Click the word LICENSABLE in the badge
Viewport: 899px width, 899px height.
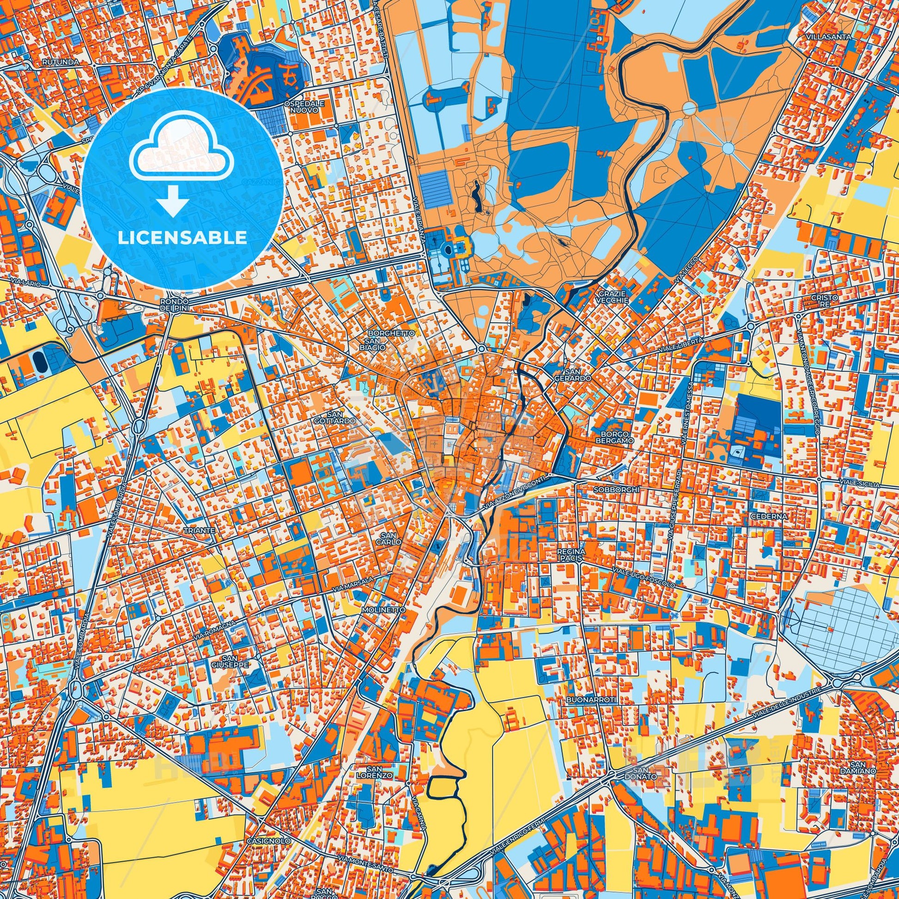[x=182, y=238]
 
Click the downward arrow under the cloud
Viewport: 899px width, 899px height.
[x=172, y=200]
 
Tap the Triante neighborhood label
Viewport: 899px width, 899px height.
[x=199, y=530]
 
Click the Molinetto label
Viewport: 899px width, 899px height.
[x=377, y=609]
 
